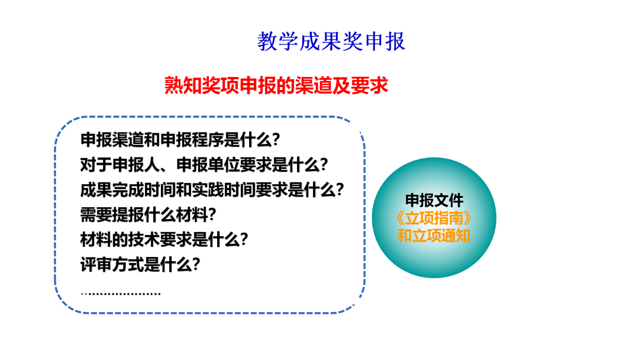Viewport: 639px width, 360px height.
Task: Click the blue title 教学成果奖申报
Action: [x=331, y=41]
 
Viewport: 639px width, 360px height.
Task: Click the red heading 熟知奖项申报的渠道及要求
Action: [x=276, y=86]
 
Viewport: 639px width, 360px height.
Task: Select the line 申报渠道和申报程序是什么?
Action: [x=180, y=139]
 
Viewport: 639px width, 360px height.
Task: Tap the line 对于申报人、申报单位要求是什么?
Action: [x=204, y=165]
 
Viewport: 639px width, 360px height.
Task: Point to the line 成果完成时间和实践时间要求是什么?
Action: [x=212, y=189]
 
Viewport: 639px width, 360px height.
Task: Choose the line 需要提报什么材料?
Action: [x=148, y=214]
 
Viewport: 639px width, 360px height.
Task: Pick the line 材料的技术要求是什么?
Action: [x=164, y=239]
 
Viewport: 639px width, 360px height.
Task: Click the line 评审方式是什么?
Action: [x=140, y=265]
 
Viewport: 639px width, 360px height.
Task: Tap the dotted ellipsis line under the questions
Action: [x=121, y=294]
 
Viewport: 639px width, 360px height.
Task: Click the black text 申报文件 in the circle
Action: [x=434, y=200]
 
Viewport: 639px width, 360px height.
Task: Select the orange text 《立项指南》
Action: [x=434, y=218]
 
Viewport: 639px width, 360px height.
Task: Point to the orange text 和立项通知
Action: [x=434, y=236]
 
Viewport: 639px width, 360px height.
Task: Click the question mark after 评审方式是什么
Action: [x=196, y=265]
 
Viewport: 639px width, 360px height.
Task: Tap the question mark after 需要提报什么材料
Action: [x=212, y=214]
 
